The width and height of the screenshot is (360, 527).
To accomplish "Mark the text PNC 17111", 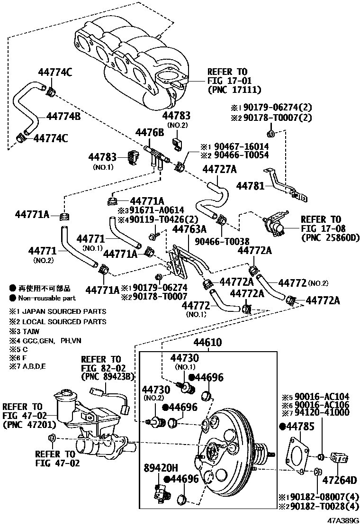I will tap(234, 89).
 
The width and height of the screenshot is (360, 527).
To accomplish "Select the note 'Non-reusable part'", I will tap(47, 298).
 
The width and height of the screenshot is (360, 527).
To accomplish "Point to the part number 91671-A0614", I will tap(151, 210).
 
